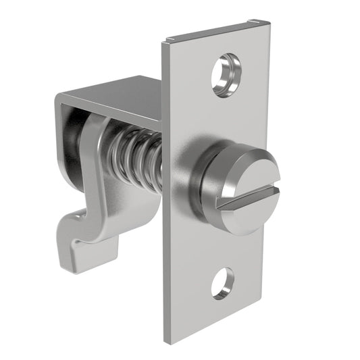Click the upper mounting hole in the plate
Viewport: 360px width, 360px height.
tap(226, 74)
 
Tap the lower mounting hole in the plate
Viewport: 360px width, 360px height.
tap(222, 283)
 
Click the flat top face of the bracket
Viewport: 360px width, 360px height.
tap(115, 95)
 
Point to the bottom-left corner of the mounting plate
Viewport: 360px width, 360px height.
tap(168, 341)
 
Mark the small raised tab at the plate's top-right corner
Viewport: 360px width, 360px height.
tap(255, 22)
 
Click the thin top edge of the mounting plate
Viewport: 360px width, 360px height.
tap(209, 30)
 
